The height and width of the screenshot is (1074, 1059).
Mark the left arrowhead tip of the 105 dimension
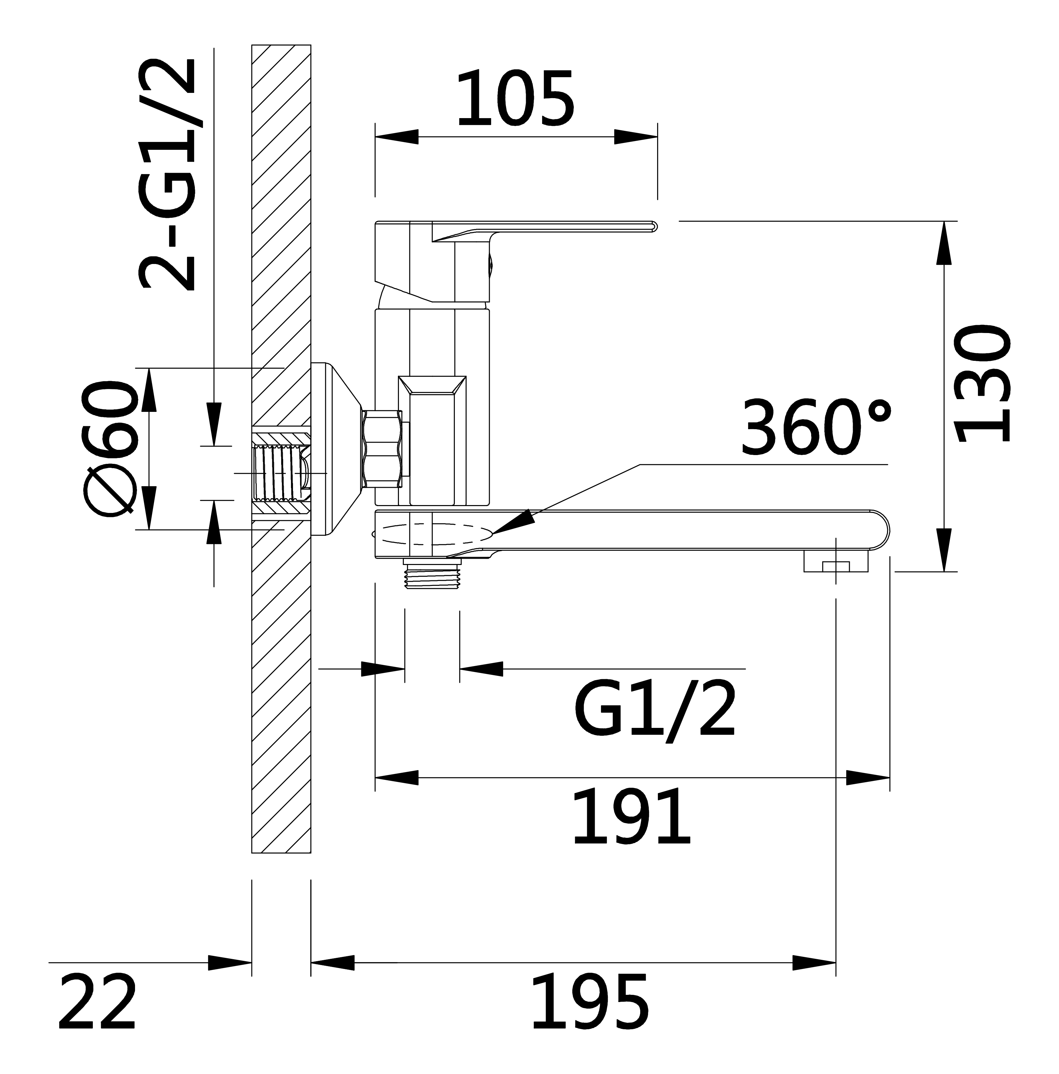tap(376, 137)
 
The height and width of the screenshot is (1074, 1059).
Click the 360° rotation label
tap(816, 426)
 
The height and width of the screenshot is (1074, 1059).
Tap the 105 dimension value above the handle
tap(515, 98)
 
